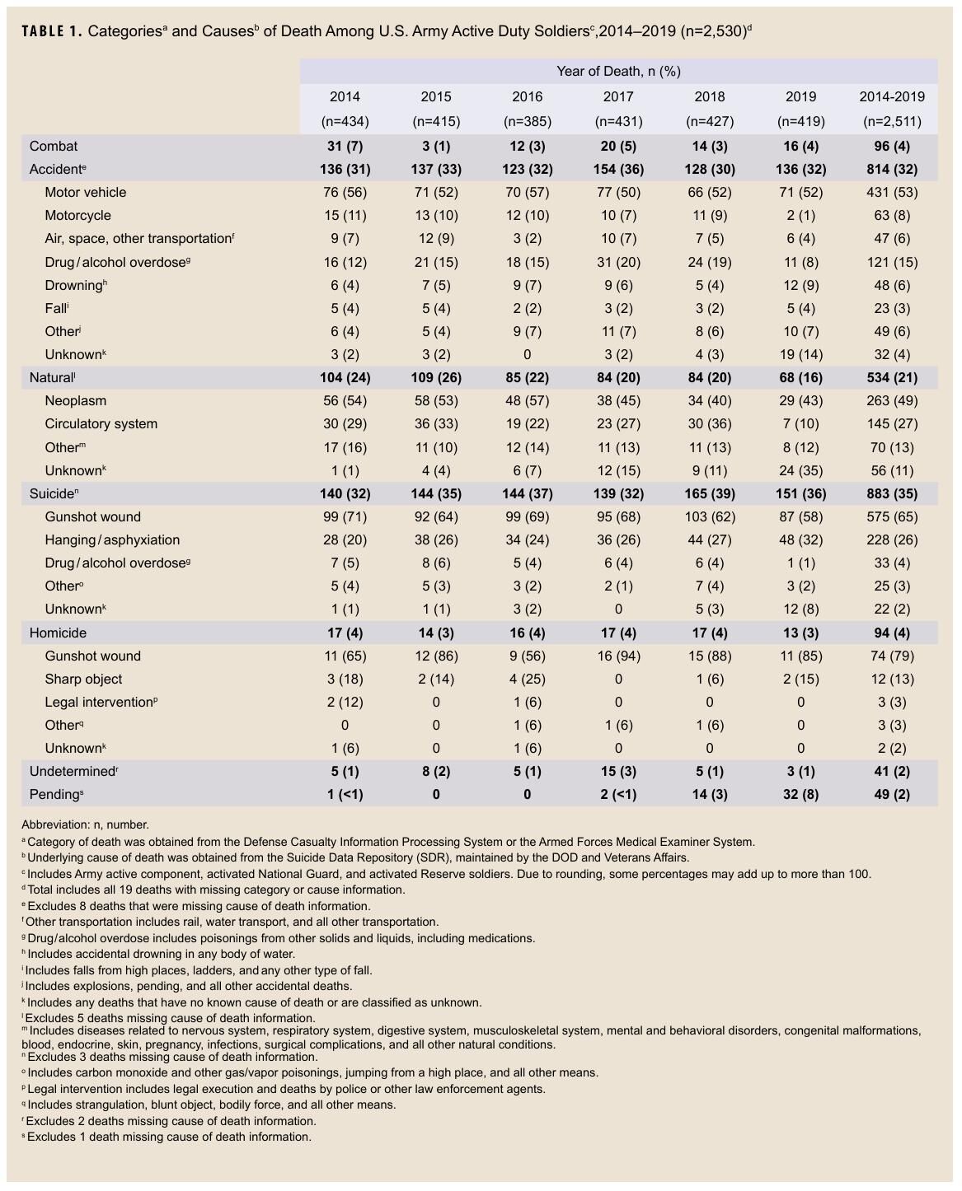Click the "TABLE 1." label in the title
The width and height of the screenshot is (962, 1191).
pyautogui.click(x=51, y=31)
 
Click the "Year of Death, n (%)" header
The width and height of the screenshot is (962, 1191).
pyautogui.click(x=618, y=71)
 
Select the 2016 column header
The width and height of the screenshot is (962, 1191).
pyautogui.click(x=527, y=96)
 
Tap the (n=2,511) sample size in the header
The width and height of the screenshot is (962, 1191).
pyautogui.click(x=892, y=121)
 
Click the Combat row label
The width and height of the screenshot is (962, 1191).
pyautogui.click(x=54, y=146)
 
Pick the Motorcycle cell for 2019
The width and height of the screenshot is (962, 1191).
pyautogui.click(x=800, y=215)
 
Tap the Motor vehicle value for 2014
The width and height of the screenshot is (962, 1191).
pyautogui.click(x=345, y=192)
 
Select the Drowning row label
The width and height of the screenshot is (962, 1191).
pyautogui.click(x=74, y=285)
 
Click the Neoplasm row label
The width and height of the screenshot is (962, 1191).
pyautogui.click(x=75, y=400)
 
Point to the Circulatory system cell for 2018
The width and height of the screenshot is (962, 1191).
pyautogui.click(x=709, y=423)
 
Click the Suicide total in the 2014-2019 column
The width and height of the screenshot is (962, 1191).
pyautogui.click(x=892, y=493)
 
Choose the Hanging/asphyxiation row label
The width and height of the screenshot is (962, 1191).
pyautogui.click(x=112, y=539)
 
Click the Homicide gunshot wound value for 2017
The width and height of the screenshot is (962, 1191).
pyautogui.click(x=618, y=656)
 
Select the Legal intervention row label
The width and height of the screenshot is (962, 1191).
pyautogui.click(x=99, y=702)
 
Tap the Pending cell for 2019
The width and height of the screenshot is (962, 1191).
pyautogui.click(x=800, y=794)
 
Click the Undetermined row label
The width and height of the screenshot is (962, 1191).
pyautogui.click(x=73, y=771)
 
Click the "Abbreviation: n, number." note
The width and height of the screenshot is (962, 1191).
pyautogui.click(x=86, y=824)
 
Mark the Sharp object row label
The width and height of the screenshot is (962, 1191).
pyautogui.click(x=83, y=679)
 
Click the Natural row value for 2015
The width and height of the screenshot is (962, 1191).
pyautogui.click(x=436, y=377)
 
